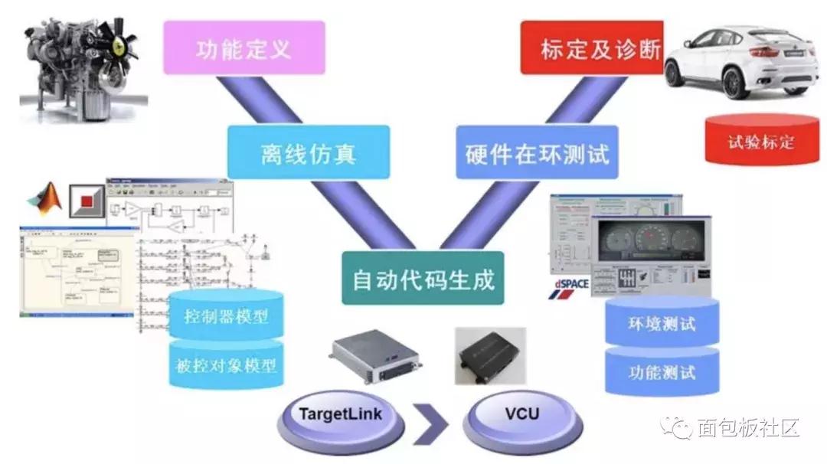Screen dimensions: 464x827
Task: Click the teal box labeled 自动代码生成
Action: [x=423, y=278]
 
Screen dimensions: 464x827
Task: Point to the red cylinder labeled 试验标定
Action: [x=761, y=141]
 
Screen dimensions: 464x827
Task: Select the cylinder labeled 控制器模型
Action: [x=226, y=315]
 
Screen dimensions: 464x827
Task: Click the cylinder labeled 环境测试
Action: [x=662, y=322]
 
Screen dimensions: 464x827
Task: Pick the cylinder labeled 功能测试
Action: [x=662, y=373]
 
